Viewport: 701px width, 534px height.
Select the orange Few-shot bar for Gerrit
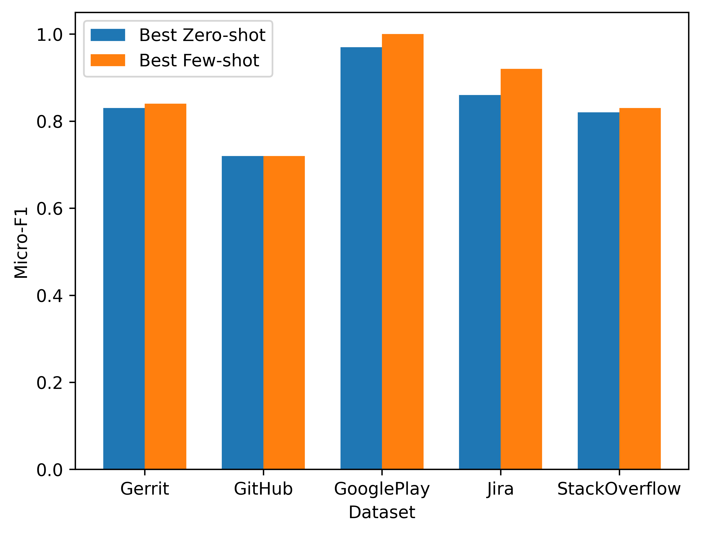[x=165, y=286]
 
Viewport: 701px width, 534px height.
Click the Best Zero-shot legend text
[x=202, y=35]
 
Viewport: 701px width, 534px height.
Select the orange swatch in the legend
[x=108, y=60]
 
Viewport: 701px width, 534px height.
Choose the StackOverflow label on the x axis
[x=619, y=489]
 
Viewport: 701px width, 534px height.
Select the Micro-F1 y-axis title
[x=21, y=243]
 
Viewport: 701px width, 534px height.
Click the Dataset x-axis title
[x=382, y=512]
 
